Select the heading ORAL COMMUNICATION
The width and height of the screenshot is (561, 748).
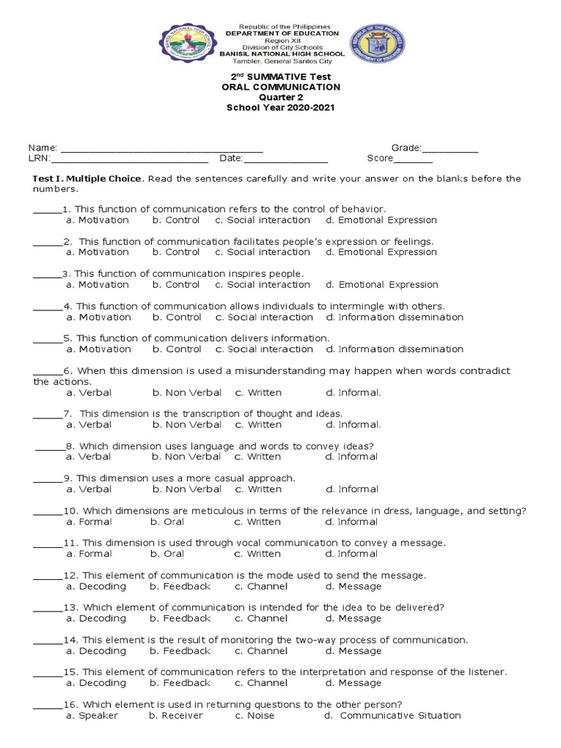click(x=281, y=87)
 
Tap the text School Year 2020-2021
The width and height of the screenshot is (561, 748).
click(x=281, y=108)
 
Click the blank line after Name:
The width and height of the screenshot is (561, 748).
click(x=161, y=148)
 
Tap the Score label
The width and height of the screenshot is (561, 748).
click(x=379, y=159)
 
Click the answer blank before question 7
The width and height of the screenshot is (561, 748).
click(x=47, y=414)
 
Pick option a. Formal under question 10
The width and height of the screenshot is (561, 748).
click(x=88, y=522)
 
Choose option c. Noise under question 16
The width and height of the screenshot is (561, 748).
click(x=254, y=716)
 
